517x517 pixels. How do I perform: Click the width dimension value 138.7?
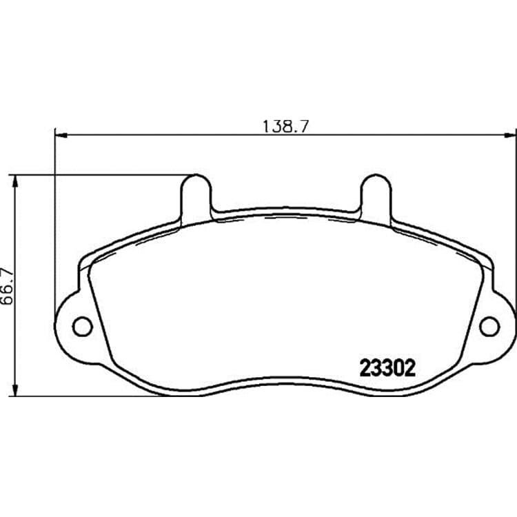click(285, 126)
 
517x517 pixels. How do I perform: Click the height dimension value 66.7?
click(7, 286)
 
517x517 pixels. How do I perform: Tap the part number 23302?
click(387, 368)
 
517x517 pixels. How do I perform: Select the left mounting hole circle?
click(82, 327)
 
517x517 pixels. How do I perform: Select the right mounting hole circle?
click(489, 327)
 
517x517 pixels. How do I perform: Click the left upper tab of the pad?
click(196, 197)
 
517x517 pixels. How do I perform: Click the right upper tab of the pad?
click(376, 197)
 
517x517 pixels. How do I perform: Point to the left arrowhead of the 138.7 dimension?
click(61, 135)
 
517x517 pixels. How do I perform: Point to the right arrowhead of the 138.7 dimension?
click(509, 135)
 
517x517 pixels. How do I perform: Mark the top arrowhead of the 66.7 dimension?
click(14, 181)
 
